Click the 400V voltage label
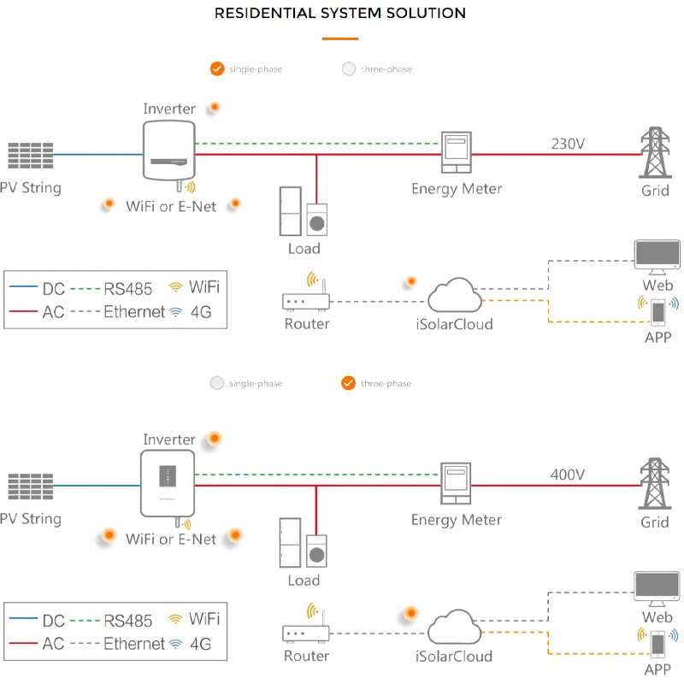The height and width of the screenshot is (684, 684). pos(568,475)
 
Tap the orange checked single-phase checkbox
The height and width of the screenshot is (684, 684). pos(217,68)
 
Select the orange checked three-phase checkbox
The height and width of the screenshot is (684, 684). pos(347,383)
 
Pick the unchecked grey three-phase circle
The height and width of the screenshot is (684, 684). pos(348,68)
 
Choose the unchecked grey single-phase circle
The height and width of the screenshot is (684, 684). pos(217,383)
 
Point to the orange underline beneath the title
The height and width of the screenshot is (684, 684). pos(340,38)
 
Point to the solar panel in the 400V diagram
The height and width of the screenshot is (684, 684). pos(31,486)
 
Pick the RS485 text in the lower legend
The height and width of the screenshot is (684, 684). pos(128,621)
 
